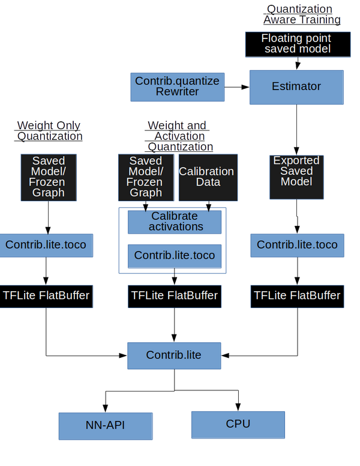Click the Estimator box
(x=296, y=87)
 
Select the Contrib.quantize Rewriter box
(x=177, y=86)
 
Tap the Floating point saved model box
(x=296, y=43)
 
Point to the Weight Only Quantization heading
(x=49, y=130)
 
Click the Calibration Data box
(x=207, y=177)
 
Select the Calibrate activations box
(x=175, y=222)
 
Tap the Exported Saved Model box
(x=296, y=176)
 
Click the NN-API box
(x=105, y=426)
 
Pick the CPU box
(x=238, y=424)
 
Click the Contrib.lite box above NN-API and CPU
(x=174, y=355)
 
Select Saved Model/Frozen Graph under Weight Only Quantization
(x=49, y=177)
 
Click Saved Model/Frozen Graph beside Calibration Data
(x=146, y=177)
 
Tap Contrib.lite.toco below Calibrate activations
(x=175, y=256)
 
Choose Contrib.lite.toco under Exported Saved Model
(x=297, y=245)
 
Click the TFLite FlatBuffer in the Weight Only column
(x=46, y=295)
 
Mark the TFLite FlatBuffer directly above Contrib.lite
(x=175, y=295)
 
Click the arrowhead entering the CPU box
(x=238, y=407)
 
